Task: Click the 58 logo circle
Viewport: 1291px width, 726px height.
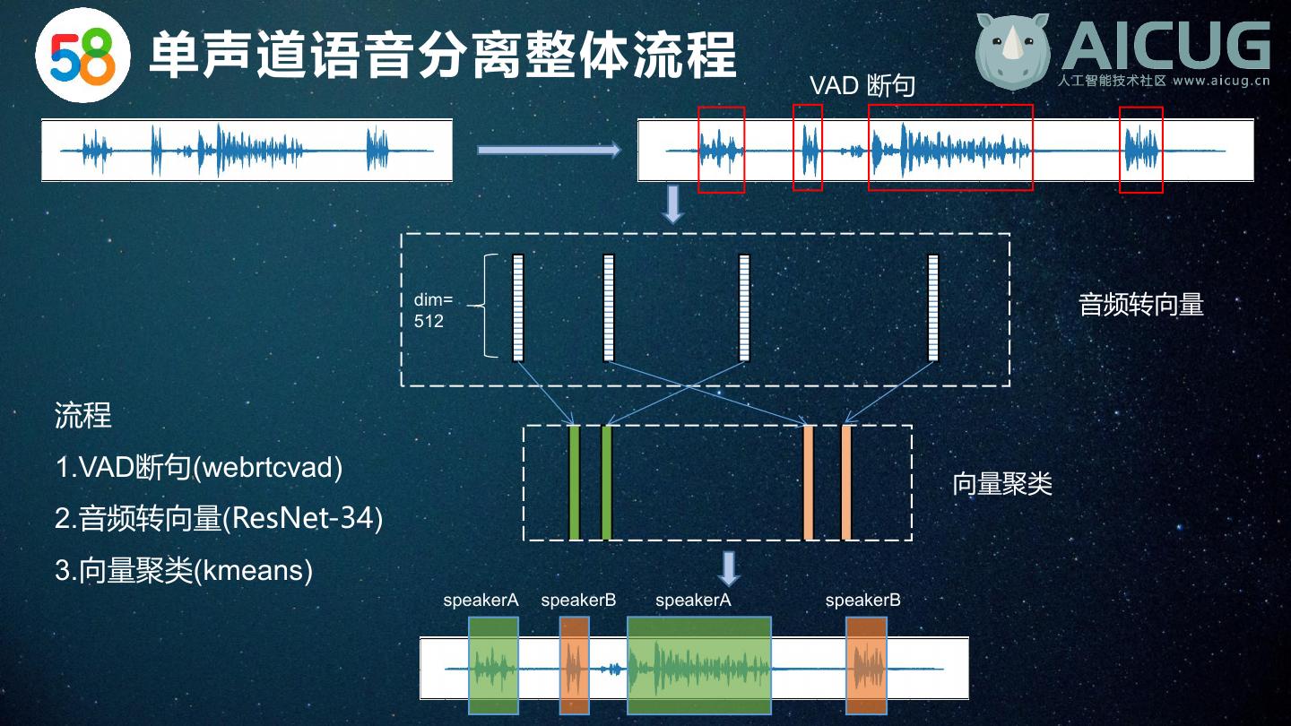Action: (x=82, y=56)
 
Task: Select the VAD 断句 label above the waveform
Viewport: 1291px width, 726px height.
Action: (x=862, y=85)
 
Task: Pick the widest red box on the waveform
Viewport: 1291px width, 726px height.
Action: (x=950, y=148)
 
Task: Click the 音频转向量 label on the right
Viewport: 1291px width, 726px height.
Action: (x=1140, y=305)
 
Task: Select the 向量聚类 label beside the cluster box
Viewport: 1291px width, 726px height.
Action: (x=1001, y=484)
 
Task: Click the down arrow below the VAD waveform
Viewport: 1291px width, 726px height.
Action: (x=672, y=204)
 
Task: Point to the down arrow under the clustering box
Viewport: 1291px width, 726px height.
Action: (x=729, y=568)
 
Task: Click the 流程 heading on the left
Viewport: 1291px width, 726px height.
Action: (x=83, y=415)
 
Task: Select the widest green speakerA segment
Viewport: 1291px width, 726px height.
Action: (x=698, y=665)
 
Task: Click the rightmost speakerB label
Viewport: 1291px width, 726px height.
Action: (x=862, y=601)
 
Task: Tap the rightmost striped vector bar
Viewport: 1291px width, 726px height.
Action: (x=932, y=307)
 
